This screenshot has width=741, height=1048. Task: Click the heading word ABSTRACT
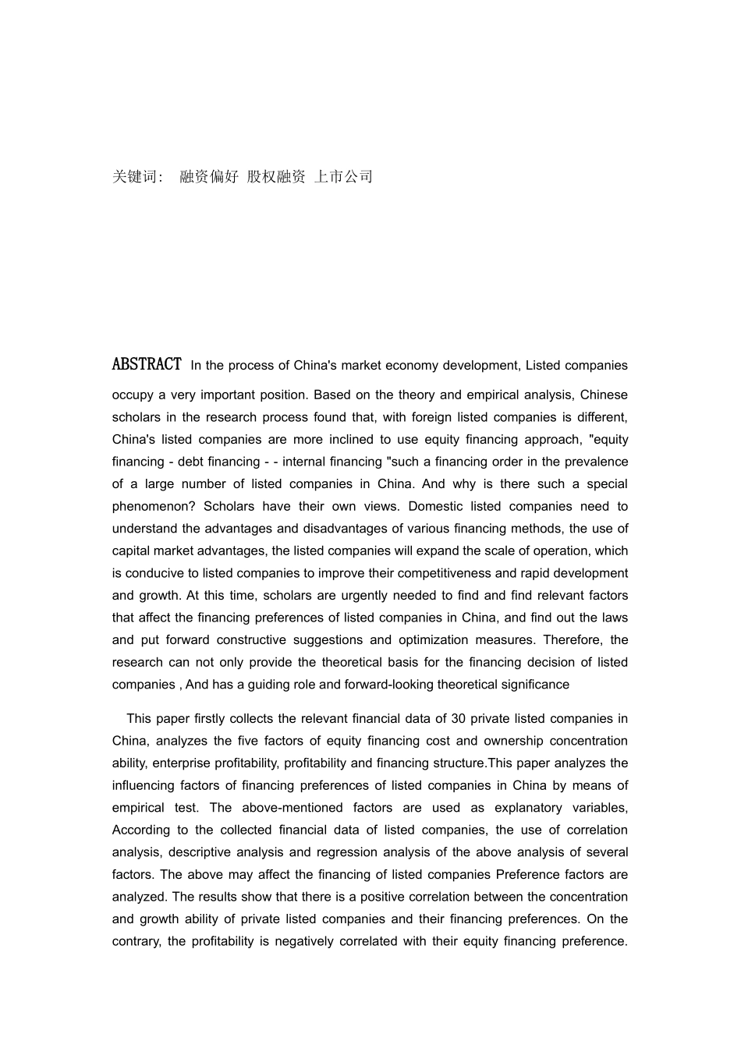point(147,364)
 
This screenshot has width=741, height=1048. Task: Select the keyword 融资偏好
point(209,177)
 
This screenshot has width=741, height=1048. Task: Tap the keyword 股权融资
point(276,177)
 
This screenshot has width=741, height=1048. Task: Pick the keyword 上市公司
point(343,177)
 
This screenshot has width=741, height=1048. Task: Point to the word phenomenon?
point(154,506)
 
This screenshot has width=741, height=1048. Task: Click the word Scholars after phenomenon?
point(229,506)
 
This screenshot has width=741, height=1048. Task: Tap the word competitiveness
point(445,573)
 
